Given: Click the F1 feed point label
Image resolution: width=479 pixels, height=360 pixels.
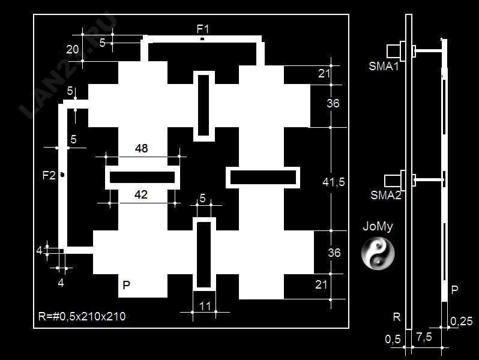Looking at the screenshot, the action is point(203,29).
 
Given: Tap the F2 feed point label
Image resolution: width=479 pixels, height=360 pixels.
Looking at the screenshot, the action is point(49,175).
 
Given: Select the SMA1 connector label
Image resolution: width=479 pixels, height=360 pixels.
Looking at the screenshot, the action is point(384,66).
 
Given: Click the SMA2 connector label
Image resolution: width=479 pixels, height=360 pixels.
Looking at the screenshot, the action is point(386,195).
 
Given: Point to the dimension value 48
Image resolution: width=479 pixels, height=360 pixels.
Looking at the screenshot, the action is point(142,148).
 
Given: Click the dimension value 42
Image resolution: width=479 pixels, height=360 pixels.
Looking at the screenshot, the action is point(141,194).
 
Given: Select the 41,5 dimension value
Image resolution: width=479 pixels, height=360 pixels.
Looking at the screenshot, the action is point(334,182).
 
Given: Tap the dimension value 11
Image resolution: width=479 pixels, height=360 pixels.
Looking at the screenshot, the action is point(205,306).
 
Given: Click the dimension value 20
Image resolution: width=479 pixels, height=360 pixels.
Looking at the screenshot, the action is point(73,49).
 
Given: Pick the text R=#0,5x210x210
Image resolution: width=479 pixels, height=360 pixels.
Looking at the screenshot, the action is point(82,316).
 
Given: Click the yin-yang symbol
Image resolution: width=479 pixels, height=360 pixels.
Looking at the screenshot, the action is point(378,254).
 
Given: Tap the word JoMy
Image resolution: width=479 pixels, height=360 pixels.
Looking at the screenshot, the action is point(378,227).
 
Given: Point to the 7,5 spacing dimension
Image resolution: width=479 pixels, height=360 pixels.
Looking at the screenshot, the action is point(424,337).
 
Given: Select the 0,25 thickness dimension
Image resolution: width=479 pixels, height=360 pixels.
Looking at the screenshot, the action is point(462,321).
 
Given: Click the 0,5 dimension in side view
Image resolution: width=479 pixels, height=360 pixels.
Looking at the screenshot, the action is point(393,339).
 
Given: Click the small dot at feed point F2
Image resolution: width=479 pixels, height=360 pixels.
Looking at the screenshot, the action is point(62,175).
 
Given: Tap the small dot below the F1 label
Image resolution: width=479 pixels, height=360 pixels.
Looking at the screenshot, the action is point(202,39).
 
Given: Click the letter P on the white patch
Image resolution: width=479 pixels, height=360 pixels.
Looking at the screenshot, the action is point(126,285).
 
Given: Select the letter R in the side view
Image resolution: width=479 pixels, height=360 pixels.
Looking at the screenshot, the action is point(397,317).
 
